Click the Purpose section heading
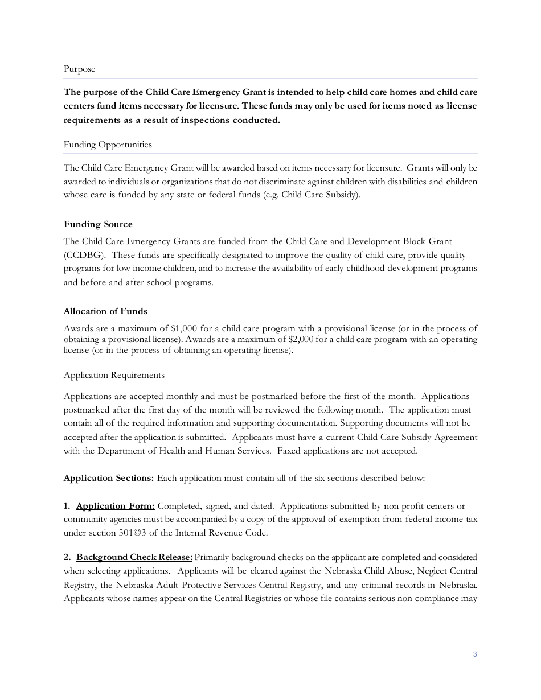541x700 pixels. pos(79,69)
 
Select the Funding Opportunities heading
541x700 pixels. pos(108,145)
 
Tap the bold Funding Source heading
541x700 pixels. pos(98,224)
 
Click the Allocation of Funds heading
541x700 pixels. pos(105,311)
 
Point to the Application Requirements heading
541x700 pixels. pos(114,375)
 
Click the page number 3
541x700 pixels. pos(475,654)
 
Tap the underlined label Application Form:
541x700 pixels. pos(115,506)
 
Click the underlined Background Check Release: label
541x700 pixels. pos(134,557)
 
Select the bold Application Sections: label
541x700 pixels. pos(109,478)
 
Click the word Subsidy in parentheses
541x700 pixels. pos(337,195)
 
